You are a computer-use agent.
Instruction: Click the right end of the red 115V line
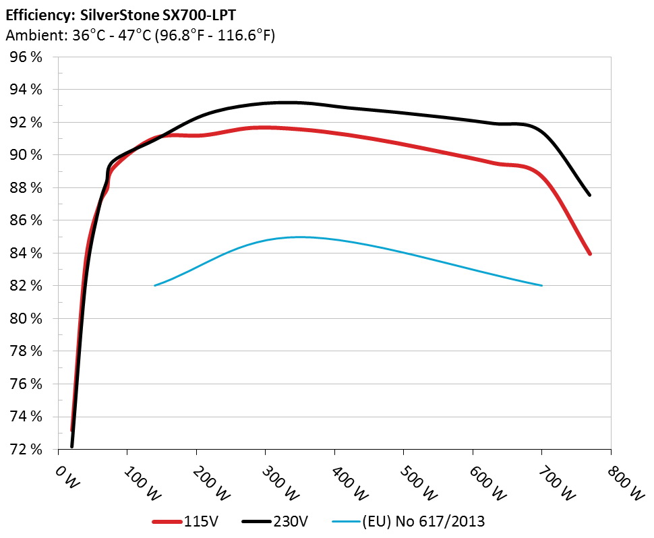click(x=590, y=254)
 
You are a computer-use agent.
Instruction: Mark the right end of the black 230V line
click(x=590, y=195)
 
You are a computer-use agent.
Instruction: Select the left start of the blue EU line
click(x=155, y=285)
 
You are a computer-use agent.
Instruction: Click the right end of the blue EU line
click(x=541, y=285)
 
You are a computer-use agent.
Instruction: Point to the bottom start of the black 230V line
click(x=72, y=446)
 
